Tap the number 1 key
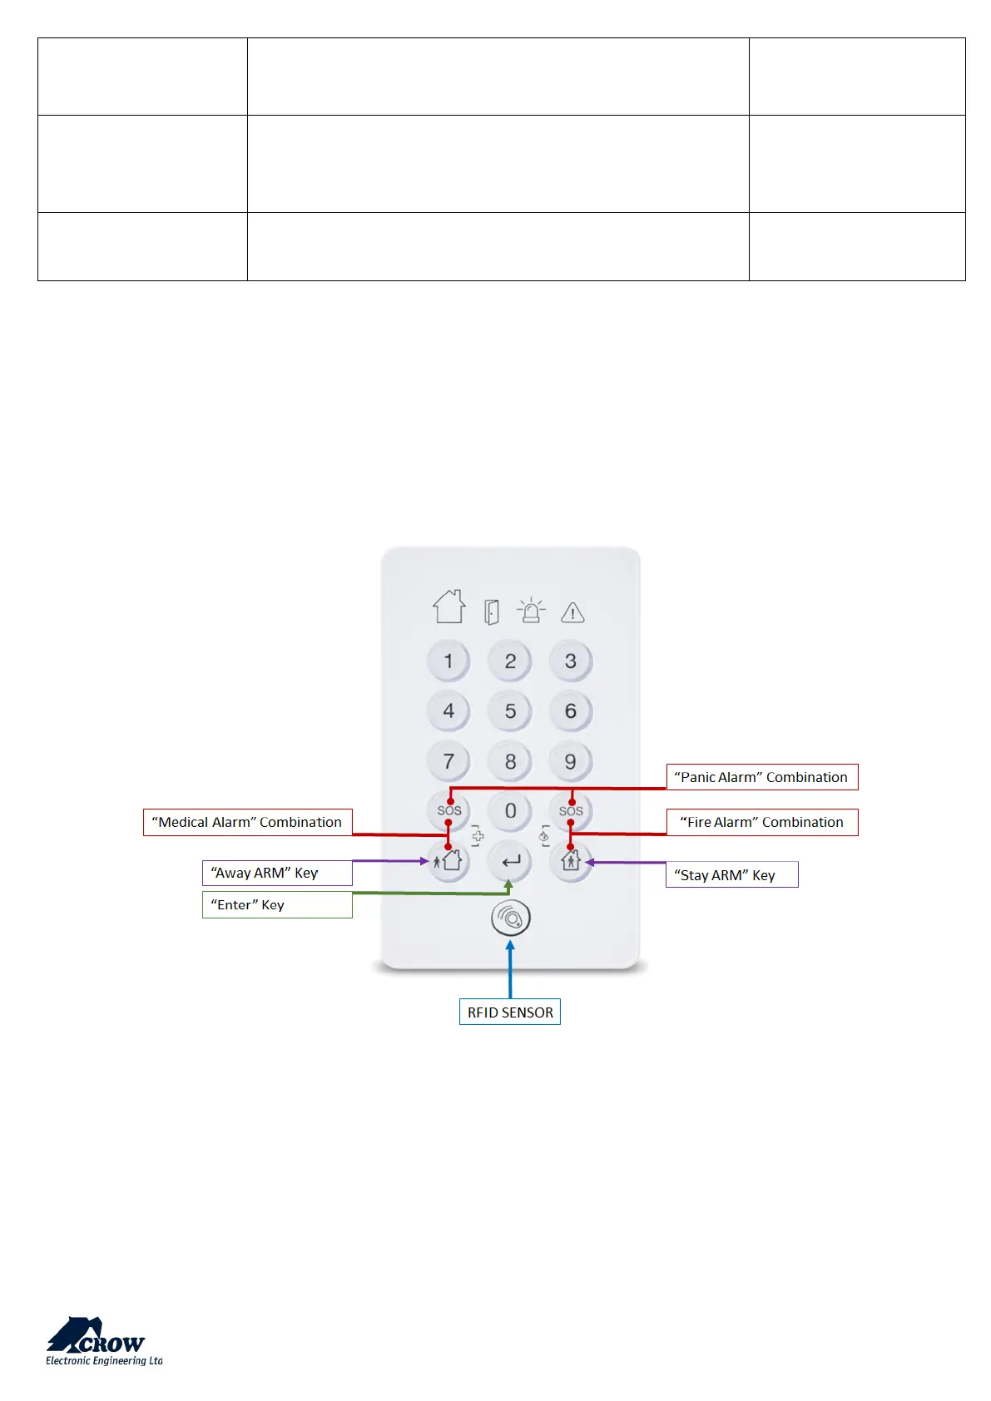pyautogui.click(x=448, y=661)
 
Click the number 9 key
pyautogui.click(x=571, y=761)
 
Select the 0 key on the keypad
pyautogui.click(x=510, y=811)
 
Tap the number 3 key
pyautogui.click(x=571, y=661)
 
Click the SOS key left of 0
pyautogui.click(x=448, y=810)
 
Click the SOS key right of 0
pyautogui.click(x=571, y=810)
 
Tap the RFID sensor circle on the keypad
pyautogui.click(x=510, y=918)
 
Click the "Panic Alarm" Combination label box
pyautogui.click(x=761, y=777)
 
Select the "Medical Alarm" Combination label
pyautogui.click(x=247, y=822)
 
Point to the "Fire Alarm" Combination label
pyautogui.click(x=762, y=822)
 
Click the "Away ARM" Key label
pyautogui.click(x=277, y=873)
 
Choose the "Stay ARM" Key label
pyautogui.click(x=731, y=874)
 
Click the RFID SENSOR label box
pyautogui.click(x=510, y=1012)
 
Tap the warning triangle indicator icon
pyautogui.click(x=572, y=613)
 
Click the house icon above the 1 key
pyautogui.click(x=449, y=607)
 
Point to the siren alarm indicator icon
pyautogui.click(x=531, y=611)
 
